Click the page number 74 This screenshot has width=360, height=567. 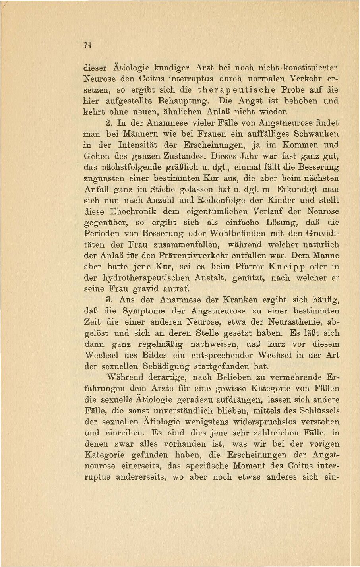point(88,45)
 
